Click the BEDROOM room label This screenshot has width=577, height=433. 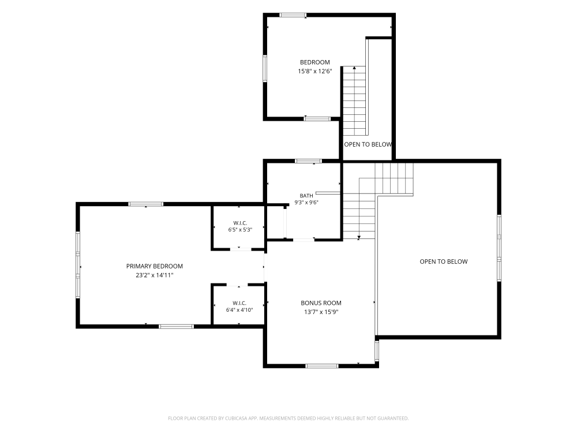tap(314, 62)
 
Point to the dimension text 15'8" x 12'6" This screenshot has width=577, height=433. tap(315, 71)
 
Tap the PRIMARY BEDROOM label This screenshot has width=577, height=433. tap(155, 266)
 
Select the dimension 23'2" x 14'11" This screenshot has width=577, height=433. tap(155, 275)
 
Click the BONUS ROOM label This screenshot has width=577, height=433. tap(321, 303)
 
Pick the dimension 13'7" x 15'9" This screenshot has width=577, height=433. tap(321, 312)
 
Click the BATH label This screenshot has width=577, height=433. tap(306, 196)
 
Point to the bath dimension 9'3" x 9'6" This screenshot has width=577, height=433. tap(306, 202)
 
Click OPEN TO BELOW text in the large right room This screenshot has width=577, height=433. tap(443, 262)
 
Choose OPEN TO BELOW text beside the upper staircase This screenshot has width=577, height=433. tap(368, 144)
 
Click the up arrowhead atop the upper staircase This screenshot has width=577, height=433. tap(354, 68)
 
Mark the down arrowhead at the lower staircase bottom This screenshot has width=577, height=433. tap(359, 237)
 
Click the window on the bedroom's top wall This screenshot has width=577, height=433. tap(293, 15)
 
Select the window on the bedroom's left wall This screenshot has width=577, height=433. tap(265, 69)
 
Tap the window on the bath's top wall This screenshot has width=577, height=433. tap(308, 161)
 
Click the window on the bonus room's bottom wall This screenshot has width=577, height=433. tap(321, 366)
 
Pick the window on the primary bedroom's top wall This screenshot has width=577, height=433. tap(146, 204)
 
